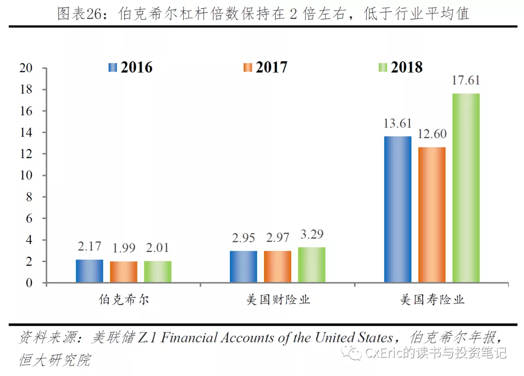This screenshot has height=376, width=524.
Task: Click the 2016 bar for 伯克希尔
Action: pyautogui.click(x=89, y=271)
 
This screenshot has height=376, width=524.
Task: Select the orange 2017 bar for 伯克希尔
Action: pyautogui.click(x=123, y=272)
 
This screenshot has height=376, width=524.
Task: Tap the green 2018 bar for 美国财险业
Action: pyautogui.click(x=311, y=265)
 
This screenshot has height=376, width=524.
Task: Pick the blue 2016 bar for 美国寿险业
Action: pyautogui.click(x=397, y=209)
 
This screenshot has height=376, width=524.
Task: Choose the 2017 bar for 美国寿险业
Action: pyautogui.click(x=432, y=215)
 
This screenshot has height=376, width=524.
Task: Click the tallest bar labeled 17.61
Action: pyautogui.click(x=466, y=188)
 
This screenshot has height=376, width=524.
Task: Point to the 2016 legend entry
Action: pyautogui.click(x=131, y=67)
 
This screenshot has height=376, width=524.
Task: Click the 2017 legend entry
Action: pyautogui.click(x=265, y=67)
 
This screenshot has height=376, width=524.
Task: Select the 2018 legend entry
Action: pyautogui.click(x=400, y=67)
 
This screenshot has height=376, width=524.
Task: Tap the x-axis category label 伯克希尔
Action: pyautogui.click(x=123, y=299)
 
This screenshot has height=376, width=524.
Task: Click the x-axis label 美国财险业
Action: pyautogui.click(x=278, y=299)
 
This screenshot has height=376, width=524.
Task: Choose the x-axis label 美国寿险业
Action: pyautogui.click(x=432, y=299)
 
